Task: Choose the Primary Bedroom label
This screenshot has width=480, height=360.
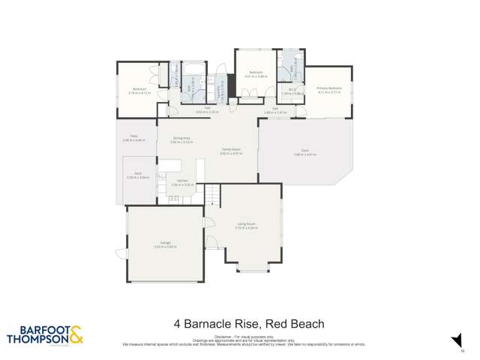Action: tap(328, 89)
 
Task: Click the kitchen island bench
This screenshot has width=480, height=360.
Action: tap(199, 166)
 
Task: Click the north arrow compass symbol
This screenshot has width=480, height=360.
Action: tap(453, 338)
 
